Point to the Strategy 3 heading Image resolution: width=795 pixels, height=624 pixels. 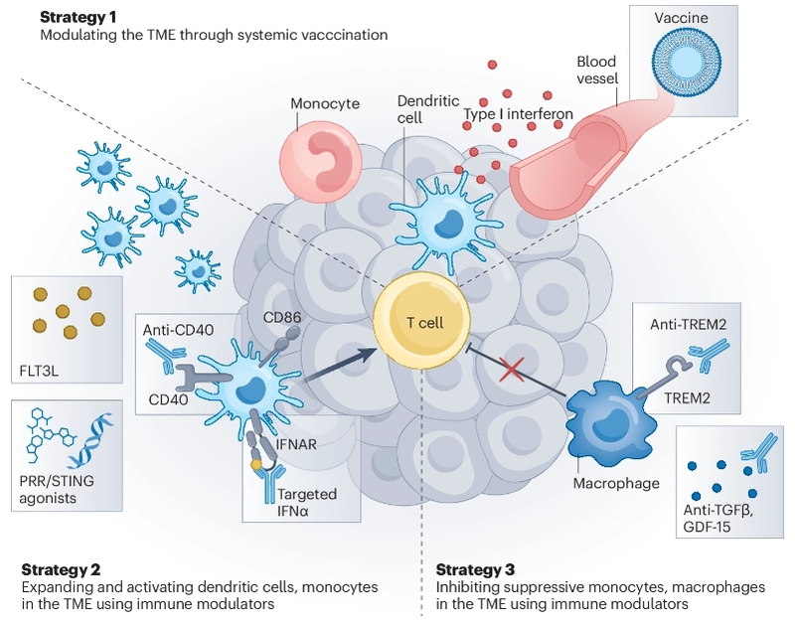(x=476, y=569)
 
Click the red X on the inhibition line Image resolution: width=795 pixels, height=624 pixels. (x=512, y=372)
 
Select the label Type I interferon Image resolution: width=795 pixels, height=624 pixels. (x=518, y=114)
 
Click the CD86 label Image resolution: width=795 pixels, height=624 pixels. (x=283, y=318)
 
